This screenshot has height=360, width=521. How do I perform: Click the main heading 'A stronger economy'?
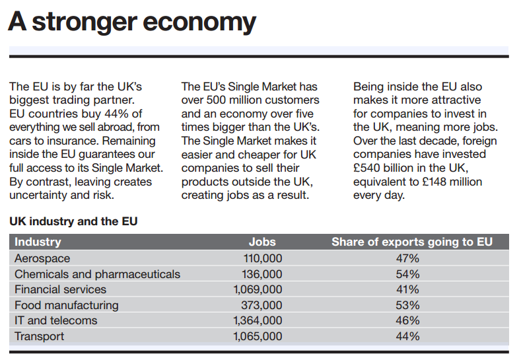click(132, 22)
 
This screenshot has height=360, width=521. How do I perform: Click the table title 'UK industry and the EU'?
click(73, 221)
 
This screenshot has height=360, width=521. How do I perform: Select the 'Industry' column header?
click(38, 242)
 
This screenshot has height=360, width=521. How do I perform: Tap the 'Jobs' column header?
click(262, 242)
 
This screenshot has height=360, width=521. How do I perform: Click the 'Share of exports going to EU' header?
click(412, 242)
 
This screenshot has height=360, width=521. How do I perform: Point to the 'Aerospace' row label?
click(42, 258)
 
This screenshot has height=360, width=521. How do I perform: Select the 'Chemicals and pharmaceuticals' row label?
click(97, 274)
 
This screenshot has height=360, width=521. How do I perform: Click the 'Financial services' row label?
click(60, 289)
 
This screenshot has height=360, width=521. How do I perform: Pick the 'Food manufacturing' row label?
click(67, 305)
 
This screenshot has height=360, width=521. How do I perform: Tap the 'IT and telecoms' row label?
click(55, 320)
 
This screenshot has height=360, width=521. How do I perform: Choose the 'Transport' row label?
click(40, 336)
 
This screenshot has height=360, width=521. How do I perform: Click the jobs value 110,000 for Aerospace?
click(263, 258)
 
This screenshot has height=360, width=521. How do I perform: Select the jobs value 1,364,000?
click(258, 320)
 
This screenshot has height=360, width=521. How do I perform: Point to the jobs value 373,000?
click(263, 305)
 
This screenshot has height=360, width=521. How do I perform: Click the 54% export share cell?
click(407, 274)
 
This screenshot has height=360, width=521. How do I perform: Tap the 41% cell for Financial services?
click(407, 289)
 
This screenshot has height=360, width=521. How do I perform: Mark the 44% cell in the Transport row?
click(407, 336)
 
